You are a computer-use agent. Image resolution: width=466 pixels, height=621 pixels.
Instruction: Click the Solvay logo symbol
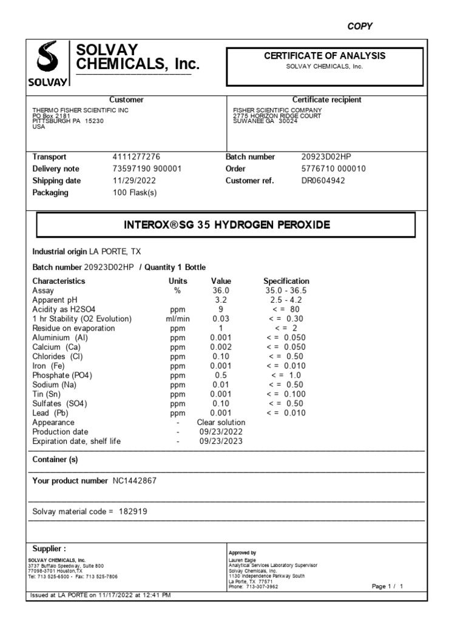tap(48, 59)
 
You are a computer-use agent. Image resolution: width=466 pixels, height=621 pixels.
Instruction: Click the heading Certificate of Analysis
tap(325, 56)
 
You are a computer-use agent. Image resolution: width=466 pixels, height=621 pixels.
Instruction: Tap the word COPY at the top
tap(360, 26)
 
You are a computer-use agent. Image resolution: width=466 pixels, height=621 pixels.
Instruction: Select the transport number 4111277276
tap(137, 156)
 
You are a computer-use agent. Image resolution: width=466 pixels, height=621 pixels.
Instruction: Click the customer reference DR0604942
tap(323, 181)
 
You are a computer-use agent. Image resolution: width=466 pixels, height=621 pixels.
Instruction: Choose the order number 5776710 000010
tap(333, 169)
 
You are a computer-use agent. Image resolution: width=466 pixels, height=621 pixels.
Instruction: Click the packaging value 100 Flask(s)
tap(135, 193)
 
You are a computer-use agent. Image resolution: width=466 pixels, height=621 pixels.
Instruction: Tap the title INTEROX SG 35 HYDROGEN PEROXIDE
tap(226, 225)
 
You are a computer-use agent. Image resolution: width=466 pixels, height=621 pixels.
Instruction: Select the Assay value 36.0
tap(221, 291)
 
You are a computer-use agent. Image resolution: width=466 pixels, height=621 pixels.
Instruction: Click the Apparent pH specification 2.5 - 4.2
tap(286, 300)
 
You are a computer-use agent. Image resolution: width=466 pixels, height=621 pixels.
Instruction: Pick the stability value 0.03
tap(221, 319)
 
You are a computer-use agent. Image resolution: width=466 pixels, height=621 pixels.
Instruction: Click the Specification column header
tap(286, 281)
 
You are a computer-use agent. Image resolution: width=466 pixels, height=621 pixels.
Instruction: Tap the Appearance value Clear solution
tap(221, 423)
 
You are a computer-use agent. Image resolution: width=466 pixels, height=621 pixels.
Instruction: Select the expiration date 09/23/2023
tap(221, 441)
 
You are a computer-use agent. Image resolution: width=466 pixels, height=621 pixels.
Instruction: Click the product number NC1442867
tap(138, 481)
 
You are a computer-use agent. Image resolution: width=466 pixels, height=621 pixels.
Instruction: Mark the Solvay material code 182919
tap(132, 512)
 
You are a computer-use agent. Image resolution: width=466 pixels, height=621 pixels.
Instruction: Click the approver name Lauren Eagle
tap(242, 560)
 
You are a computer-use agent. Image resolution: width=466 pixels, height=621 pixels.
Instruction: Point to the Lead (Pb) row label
tap(53, 413)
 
